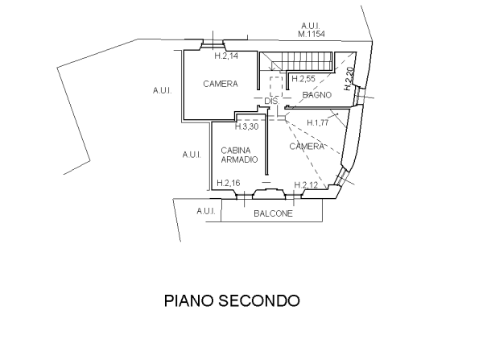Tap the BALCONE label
tap(273, 215)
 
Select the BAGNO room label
tap(317, 96)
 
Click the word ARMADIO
tap(238, 160)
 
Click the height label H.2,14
tap(226, 57)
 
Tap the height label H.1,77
tap(319, 122)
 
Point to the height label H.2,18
tap(229, 184)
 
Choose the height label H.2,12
tap(305, 185)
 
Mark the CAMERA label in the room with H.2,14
tap(219, 84)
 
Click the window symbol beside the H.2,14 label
tap(213, 43)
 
